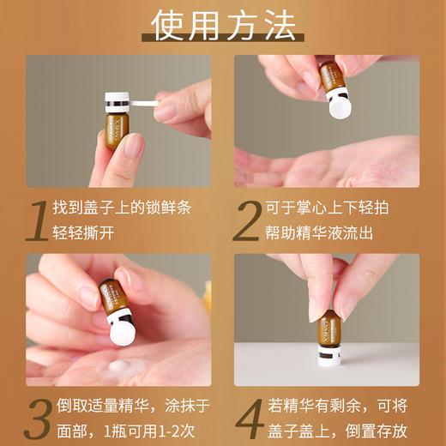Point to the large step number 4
(x=249, y=418)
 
